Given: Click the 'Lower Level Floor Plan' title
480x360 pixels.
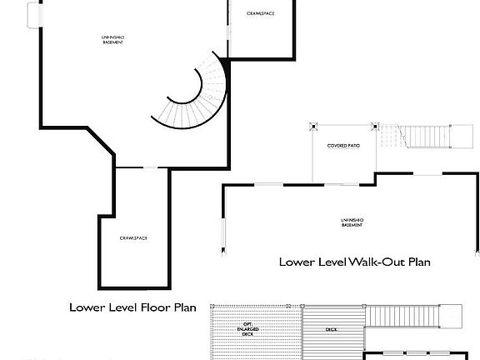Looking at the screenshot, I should tap(132, 307).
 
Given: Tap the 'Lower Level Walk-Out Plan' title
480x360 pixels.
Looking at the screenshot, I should tap(354, 262).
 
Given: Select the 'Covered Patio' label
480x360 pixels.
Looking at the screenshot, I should tap(342, 146).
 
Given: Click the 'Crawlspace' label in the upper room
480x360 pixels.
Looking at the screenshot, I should tap(261, 14).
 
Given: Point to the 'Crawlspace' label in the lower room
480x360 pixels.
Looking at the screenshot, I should tap(133, 238).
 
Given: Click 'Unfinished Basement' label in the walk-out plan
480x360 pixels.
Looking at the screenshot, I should tap(352, 222).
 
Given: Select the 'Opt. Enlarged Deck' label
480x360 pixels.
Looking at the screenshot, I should tap(247, 326).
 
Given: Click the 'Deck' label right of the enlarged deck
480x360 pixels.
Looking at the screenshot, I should tap(331, 330).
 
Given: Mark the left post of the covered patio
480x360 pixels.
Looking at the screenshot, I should tap(313, 128).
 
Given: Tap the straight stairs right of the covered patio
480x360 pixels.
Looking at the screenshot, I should tap(425, 135).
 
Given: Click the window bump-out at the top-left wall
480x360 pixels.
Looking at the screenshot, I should tap(33, 15).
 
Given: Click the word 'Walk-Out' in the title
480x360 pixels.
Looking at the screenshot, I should tap(373, 262).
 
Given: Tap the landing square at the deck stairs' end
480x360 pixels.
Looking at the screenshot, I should tap(452, 316).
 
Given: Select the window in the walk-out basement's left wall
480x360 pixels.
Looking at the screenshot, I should tap(222, 235).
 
